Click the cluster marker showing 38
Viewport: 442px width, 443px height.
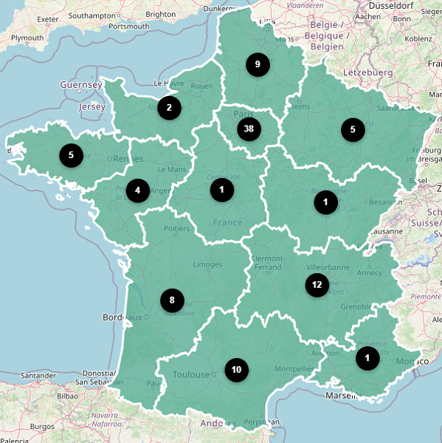[x=249, y=129]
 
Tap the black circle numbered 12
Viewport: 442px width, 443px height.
[x=317, y=284]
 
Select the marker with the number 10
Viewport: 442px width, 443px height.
[x=236, y=369]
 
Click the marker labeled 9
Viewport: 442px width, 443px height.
[x=258, y=65]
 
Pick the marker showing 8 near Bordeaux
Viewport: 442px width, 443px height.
[x=172, y=300]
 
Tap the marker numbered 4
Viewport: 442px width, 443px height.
[x=137, y=190]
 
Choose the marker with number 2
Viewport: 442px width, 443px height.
[x=169, y=108]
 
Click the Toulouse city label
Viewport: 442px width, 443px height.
[x=191, y=374]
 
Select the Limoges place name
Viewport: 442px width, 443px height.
[x=207, y=264]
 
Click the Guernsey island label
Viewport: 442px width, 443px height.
[x=81, y=85]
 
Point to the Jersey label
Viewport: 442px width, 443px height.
[x=92, y=106]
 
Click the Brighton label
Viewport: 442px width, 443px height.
[x=161, y=14]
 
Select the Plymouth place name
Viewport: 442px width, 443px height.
[x=27, y=37]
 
